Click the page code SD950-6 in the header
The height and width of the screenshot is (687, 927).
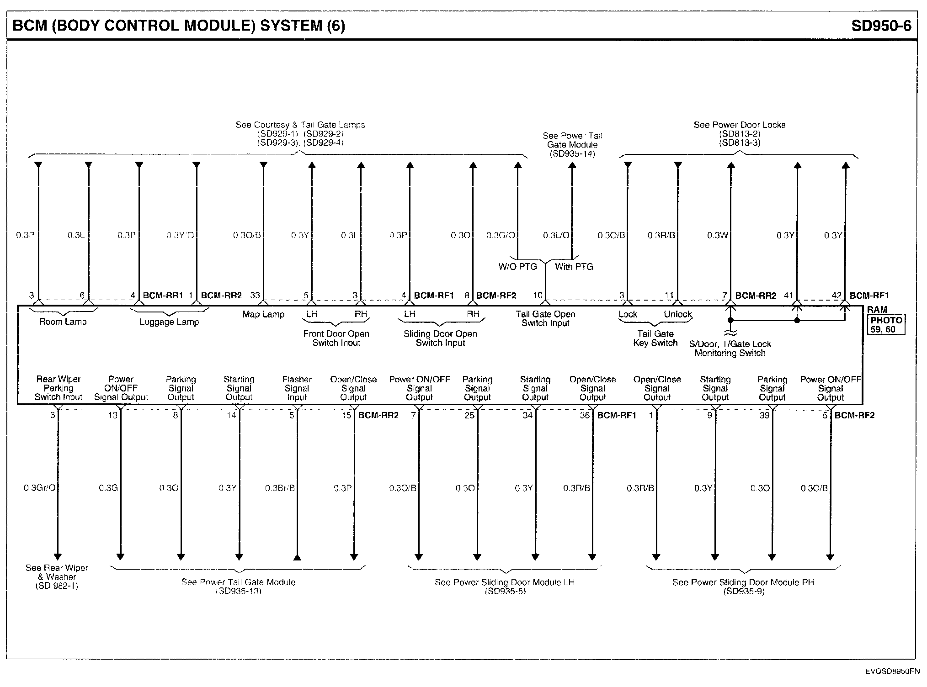881,26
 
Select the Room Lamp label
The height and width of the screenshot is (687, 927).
63,322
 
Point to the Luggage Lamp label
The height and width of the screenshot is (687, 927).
169,322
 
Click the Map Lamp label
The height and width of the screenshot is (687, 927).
263,314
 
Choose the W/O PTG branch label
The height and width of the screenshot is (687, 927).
517,267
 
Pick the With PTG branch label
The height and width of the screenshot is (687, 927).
574,267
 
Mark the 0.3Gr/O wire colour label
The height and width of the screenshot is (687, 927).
39,488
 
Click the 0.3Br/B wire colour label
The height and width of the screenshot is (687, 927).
280,488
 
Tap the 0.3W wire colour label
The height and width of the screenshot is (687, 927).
717,235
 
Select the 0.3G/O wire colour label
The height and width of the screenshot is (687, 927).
501,235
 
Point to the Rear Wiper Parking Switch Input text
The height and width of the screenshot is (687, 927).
59,388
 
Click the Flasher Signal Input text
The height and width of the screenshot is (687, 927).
297,388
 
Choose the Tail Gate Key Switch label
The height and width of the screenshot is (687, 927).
655,338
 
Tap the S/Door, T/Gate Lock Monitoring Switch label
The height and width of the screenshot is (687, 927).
730,349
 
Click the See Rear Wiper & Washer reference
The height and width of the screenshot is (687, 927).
57,576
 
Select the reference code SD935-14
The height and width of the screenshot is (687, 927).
572,154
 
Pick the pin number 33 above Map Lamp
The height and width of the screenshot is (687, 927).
255,296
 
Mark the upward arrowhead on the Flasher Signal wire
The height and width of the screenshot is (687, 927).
297,557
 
